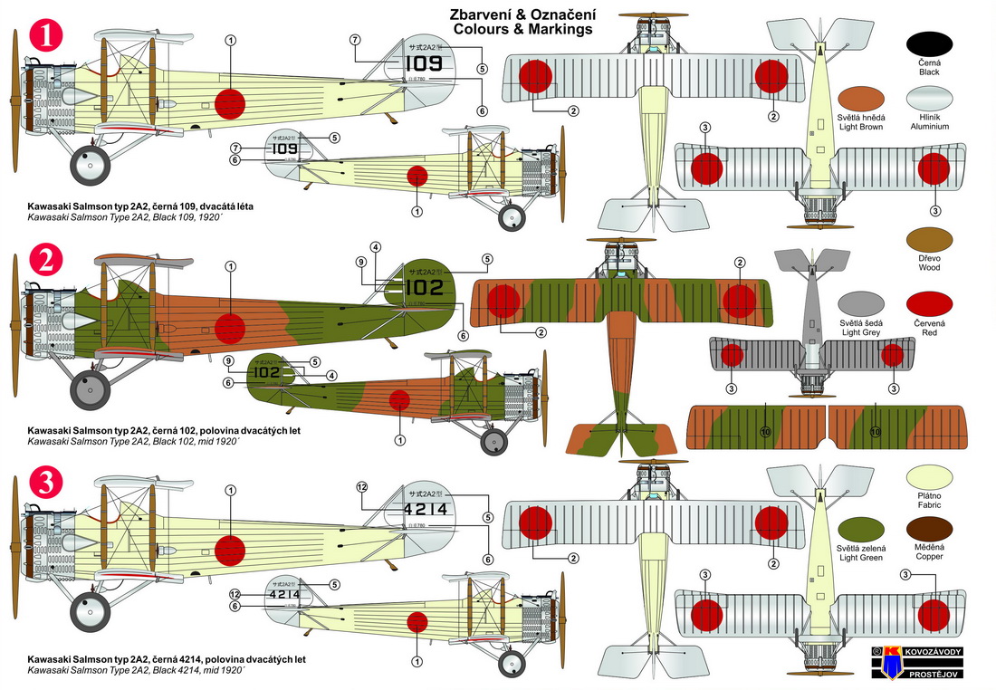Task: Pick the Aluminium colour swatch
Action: (x=928, y=101)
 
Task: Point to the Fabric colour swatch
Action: (x=928, y=474)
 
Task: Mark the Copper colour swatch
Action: (x=928, y=531)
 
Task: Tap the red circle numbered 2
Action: (x=45, y=262)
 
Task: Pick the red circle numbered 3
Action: (x=45, y=485)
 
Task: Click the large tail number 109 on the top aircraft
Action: (x=423, y=63)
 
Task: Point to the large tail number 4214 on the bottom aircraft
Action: (x=423, y=510)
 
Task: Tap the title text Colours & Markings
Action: (x=522, y=29)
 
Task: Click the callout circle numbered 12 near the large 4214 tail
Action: (x=362, y=487)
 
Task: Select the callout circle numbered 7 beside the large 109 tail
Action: (x=354, y=39)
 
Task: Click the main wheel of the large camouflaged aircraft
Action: (x=89, y=393)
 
